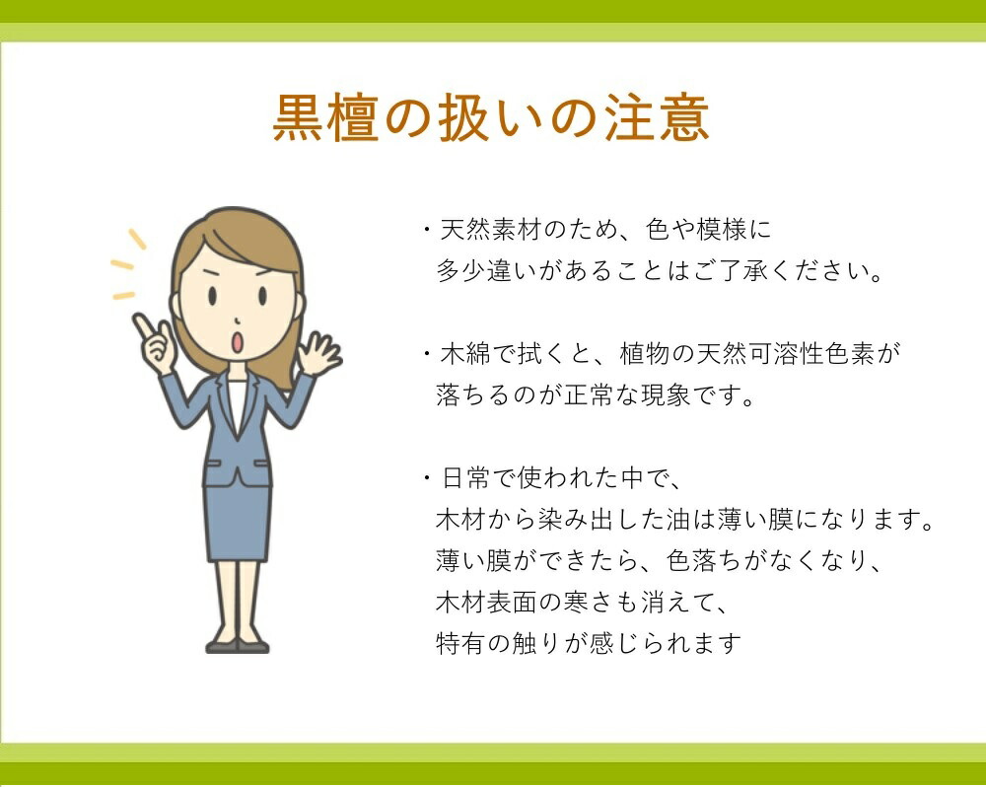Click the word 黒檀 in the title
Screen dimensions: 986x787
pyautogui.click(x=325, y=117)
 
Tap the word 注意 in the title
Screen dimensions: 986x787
pyautogui.click(x=657, y=117)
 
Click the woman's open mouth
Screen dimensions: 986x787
pyautogui.click(x=237, y=342)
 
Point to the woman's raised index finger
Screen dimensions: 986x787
pyautogui.click(x=143, y=327)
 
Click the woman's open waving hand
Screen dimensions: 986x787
pyautogui.click(x=317, y=354)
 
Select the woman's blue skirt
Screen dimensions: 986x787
pyautogui.click(x=238, y=523)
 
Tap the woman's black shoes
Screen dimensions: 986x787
pyautogui.click(x=238, y=646)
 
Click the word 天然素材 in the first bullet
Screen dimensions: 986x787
pyautogui.click(x=490, y=230)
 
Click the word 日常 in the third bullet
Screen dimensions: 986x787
pyautogui.click(x=466, y=478)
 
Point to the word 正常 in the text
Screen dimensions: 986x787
pyautogui.click(x=589, y=395)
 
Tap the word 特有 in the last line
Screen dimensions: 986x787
pyautogui.click(x=460, y=643)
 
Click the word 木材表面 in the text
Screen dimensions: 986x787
pyautogui.click(x=486, y=602)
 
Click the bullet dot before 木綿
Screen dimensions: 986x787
pyautogui.click(x=427, y=353)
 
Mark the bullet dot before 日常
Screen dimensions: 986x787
pyautogui.click(x=427, y=478)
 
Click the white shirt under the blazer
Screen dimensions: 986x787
pyautogui.click(x=237, y=402)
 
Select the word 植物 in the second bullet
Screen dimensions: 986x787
pyautogui.click(x=645, y=353)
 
